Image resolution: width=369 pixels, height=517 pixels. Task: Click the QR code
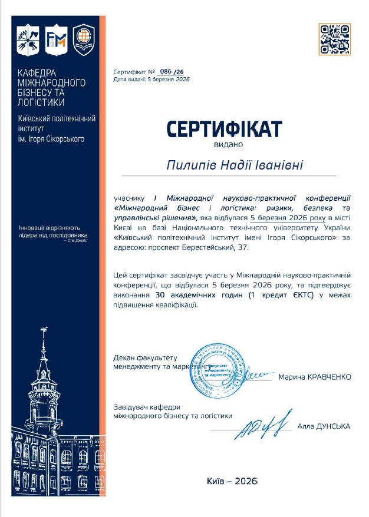click(x=334, y=39)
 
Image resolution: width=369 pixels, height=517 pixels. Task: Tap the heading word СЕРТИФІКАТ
click(x=224, y=129)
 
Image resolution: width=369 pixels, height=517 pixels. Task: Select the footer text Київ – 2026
click(x=233, y=481)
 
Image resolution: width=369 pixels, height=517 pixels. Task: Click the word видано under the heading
click(x=224, y=144)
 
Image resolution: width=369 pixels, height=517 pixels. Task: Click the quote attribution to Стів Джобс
click(x=77, y=241)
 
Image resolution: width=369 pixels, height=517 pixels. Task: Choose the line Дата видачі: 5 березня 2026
click(x=151, y=79)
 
